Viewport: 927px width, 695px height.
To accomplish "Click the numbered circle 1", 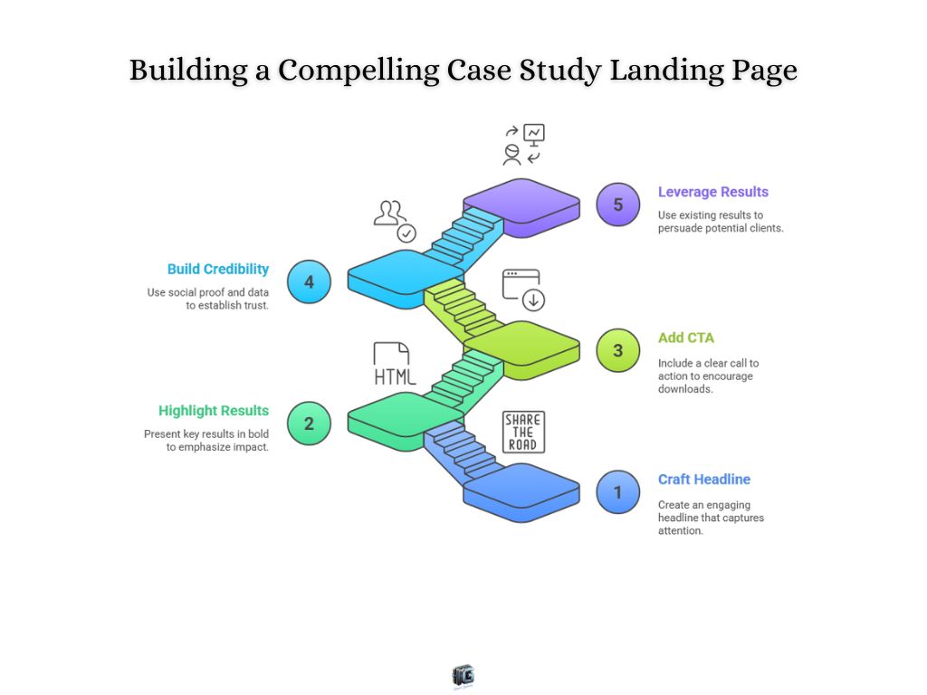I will coord(618,492).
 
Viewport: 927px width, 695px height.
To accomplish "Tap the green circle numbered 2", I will coord(309,423).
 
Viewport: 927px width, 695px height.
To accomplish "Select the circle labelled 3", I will coord(618,350).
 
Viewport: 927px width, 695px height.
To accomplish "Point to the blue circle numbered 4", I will coord(309,281).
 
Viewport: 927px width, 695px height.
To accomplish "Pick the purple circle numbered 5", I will coord(618,205).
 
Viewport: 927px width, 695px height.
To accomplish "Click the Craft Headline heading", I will coord(703,480).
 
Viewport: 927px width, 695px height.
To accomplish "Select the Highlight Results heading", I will coord(214,411).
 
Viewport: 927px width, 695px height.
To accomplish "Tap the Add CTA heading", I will coord(685,338).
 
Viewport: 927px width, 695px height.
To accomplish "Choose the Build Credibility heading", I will coord(218,269).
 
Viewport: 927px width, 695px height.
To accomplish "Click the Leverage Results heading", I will coord(712,192).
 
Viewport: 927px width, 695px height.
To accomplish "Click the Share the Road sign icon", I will coord(522,432).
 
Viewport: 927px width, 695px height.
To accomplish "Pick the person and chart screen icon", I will coord(524,145).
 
